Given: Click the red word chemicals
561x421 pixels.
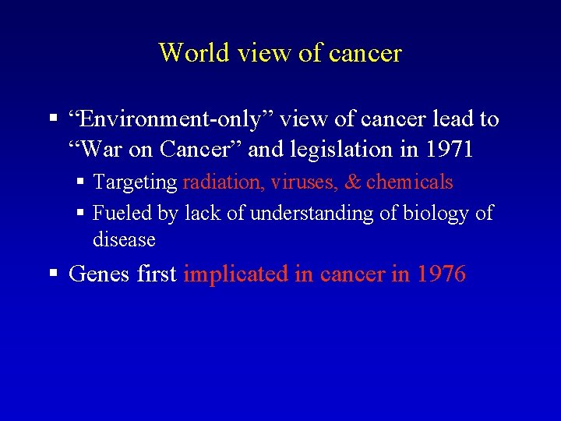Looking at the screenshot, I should point(409,182).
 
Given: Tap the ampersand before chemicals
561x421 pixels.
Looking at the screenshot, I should point(352,182).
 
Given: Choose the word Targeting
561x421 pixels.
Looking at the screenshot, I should point(135,182).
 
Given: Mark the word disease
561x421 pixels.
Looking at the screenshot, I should point(124,239).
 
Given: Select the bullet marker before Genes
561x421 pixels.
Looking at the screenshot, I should point(53,274).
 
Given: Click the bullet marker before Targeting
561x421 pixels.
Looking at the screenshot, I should point(81,182).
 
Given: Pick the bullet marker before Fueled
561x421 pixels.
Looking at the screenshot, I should point(81,213).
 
